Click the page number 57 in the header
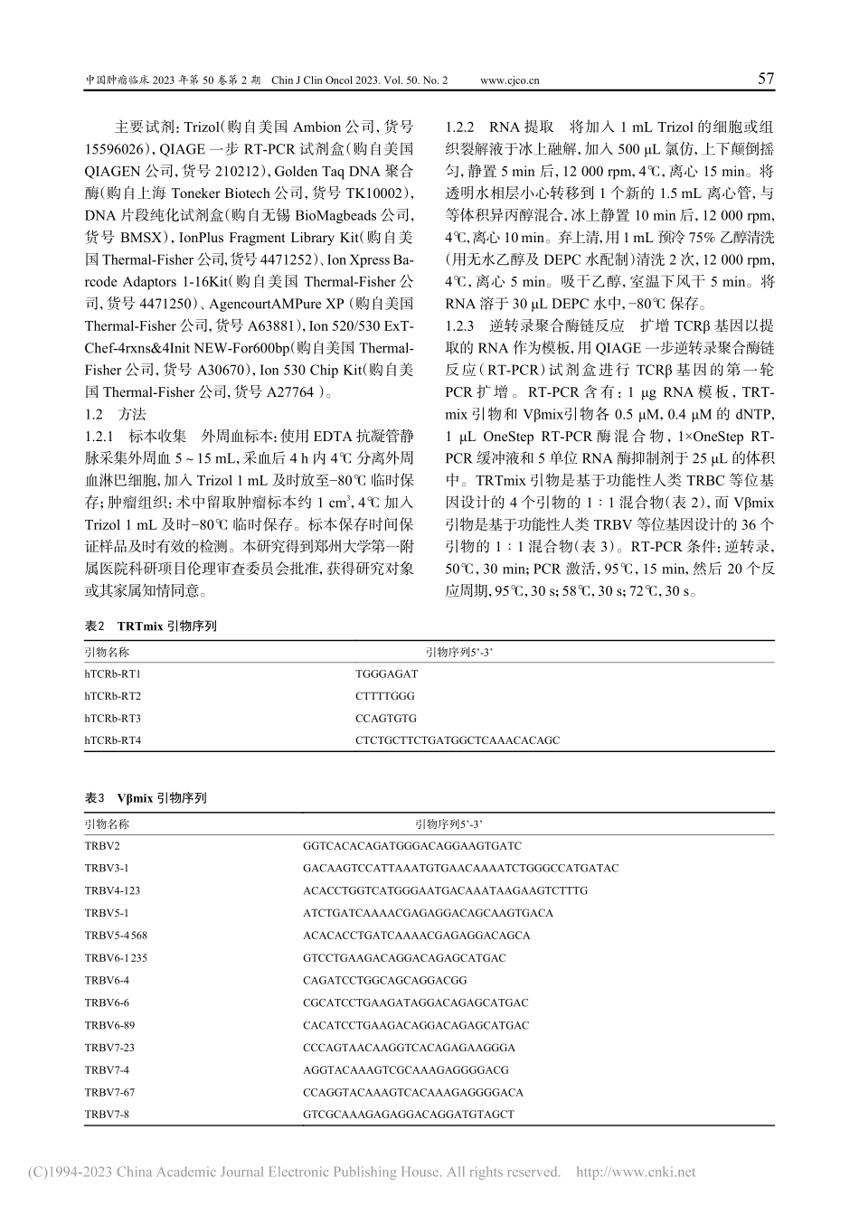click(765, 80)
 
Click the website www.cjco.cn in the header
click(510, 80)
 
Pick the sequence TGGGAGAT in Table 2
click(387, 673)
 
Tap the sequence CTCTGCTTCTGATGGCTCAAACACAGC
click(458, 740)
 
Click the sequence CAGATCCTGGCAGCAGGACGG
click(385, 980)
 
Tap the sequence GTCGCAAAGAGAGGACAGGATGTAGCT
click(409, 1115)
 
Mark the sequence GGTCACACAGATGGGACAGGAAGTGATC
click(412, 846)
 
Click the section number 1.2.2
click(460, 127)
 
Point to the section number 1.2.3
click(460, 325)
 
